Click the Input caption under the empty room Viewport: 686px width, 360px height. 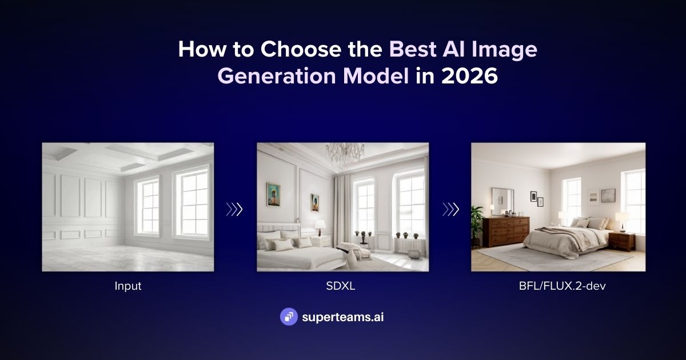coord(127,286)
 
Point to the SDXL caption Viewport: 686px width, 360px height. coord(342,286)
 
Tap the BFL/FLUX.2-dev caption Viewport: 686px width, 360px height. coord(558,286)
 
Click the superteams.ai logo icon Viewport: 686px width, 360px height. coord(289,317)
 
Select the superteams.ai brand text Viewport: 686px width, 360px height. coord(342,317)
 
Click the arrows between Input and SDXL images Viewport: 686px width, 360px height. coord(234,209)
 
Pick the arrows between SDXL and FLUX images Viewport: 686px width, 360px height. coord(450,209)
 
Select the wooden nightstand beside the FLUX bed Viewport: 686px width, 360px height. coord(621,241)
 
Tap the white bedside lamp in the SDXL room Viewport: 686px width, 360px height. coord(320,225)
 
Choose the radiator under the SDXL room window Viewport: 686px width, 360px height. coord(409,246)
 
